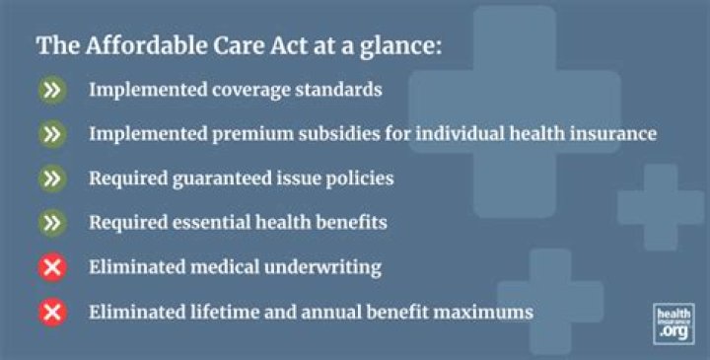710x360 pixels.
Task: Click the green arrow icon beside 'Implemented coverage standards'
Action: point(53,90)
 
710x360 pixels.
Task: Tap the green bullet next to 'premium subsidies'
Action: point(53,134)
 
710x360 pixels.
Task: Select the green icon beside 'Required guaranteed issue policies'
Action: point(53,179)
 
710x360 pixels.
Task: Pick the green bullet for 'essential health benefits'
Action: point(53,223)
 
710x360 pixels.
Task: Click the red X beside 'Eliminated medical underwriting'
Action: point(53,267)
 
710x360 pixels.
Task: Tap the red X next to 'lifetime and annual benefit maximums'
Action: point(53,313)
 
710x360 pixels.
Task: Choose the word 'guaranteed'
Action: point(215,179)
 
